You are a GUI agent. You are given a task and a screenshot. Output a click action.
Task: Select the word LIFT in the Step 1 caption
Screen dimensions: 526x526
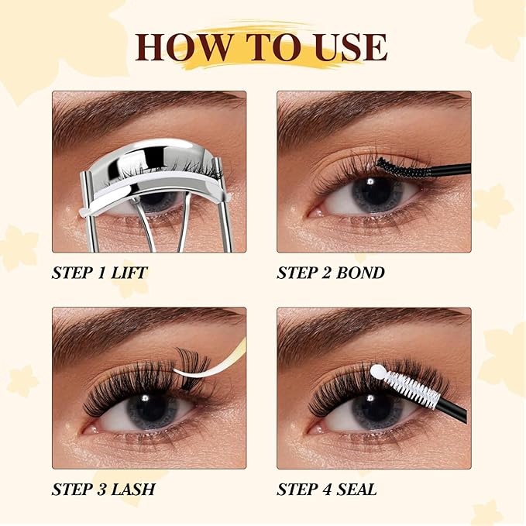click(x=129, y=273)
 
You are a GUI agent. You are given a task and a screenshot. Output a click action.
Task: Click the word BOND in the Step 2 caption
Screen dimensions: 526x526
click(x=360, y=273)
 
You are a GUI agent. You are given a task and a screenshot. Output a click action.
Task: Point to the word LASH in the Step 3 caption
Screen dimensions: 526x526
click(x=133, y=490)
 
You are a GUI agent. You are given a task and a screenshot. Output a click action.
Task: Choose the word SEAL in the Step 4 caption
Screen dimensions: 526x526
click(x=356, y=490)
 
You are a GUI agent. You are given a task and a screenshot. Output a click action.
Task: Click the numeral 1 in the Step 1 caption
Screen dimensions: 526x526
click(x=101, y=273)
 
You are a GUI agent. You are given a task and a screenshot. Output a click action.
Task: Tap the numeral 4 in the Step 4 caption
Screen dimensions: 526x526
click(x=327, y=490)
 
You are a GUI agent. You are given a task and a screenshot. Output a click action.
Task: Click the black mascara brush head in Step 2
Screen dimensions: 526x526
click(x=404, y=168)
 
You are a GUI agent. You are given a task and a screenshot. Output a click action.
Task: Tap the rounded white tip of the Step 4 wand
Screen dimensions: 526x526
click(x=378, y=371)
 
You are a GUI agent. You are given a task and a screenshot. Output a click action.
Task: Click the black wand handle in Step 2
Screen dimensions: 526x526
click(x=451, y=170)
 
